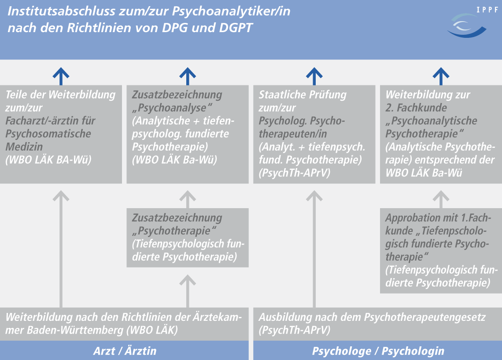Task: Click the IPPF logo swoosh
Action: [x=467, y=28]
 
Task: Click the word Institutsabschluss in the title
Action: [x=61, y=11]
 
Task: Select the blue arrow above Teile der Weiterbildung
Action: [x=61, y=76]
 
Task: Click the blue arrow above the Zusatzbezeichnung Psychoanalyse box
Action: [x=188, y=76]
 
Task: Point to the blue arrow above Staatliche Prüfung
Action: [x=314, y=76]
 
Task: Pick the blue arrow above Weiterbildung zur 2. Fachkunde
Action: [x=441, y=76]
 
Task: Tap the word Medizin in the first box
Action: [x=24, y=147]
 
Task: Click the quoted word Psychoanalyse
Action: [x=172, y=108]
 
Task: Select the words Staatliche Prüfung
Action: [x=303, y=95]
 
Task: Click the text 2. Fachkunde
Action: [x=416, y=108]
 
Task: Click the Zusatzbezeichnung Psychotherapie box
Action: [x=188, y=238]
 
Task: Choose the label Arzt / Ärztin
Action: [x=125, y=351]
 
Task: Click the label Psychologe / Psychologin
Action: [x=378, y=351]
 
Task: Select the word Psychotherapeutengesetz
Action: [x=425, y=317]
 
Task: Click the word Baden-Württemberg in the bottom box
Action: [x=75, y=330]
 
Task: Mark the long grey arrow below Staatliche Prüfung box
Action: [x=314, y=249]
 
